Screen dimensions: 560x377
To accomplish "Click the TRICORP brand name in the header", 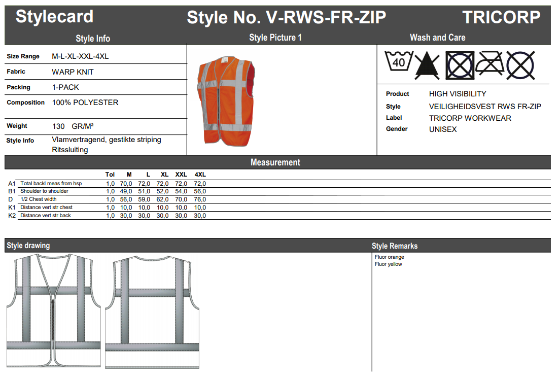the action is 501,17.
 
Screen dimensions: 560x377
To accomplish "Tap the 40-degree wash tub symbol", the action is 399,61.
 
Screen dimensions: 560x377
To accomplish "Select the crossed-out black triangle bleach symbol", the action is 427,65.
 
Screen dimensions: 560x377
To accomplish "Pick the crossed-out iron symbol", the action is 490,63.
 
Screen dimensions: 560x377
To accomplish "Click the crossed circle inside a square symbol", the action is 460,65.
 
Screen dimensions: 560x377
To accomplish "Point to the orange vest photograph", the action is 226,101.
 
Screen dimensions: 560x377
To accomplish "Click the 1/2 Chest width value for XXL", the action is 181,199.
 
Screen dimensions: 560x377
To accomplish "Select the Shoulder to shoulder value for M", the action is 126,191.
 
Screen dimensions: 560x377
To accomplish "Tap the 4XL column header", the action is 200,175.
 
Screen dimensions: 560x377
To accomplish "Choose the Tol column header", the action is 110,175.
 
